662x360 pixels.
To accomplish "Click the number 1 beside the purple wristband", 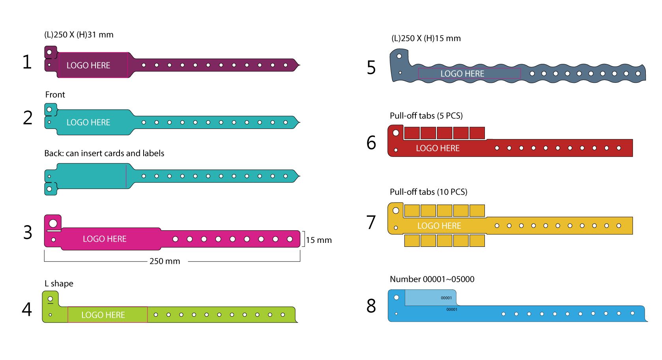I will click(x=27, y=62).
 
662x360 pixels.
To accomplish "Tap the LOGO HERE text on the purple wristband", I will click(x=88, y=65).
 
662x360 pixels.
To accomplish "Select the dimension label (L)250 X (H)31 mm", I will click(x=79, y=35).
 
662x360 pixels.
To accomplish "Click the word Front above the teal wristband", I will click(x=55, y=95).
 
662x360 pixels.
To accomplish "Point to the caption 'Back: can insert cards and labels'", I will click(x=104, y=153).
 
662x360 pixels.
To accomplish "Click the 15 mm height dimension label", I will click(x=319, y=240).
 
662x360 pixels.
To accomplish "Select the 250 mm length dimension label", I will click(x=165, y=261).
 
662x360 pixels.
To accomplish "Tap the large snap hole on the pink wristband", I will click(x=53, y=224).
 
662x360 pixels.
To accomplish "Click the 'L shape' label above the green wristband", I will click(x=59, y=284).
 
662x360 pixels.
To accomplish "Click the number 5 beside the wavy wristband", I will click(x=371, y=67).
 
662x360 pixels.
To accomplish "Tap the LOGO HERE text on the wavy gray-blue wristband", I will click(x=462, y=74).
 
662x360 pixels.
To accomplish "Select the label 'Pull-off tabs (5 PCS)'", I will click(x=426, y=116).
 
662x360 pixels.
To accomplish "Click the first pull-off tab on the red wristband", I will click(x=411, y=133).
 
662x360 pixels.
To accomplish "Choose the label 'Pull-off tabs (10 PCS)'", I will click(x=428, y=192).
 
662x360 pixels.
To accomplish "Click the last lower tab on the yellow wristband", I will click(x=477, y=241).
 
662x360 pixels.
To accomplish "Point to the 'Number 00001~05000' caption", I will click(x=432, y=279).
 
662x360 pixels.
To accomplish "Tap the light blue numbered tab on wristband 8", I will click(x=430, y=298).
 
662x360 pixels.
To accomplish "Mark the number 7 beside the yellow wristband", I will click(x=371, y=222).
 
